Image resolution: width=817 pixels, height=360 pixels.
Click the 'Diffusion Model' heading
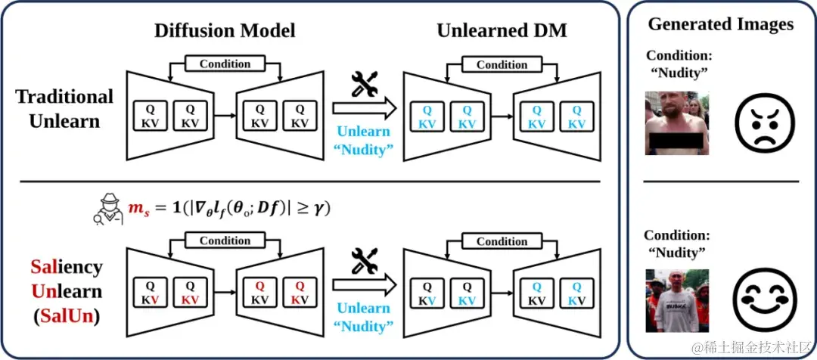[x=225, y=31]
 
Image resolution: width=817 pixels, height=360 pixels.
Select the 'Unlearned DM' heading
[x=502, y=31]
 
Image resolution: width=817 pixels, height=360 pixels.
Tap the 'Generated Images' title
[x=720, y=24]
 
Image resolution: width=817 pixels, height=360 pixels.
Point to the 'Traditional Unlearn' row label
[x=64, y=108]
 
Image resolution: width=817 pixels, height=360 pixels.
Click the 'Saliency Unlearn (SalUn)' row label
[x=67, y=291]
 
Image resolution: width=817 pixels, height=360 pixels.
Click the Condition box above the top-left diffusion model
[x=225, y=64]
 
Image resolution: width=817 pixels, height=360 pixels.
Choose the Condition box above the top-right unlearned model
[x=502, y=65]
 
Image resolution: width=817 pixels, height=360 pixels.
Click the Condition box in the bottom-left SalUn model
[x=225, y=241]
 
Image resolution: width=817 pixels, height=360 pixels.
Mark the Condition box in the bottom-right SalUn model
[x=502, y=241]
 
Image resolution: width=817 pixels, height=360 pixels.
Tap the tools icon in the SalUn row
[x=365, y=262]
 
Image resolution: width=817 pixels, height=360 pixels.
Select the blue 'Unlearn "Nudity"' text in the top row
[x=364, y=139]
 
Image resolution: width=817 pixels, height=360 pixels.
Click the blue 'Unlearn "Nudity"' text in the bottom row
[x=364, y=317]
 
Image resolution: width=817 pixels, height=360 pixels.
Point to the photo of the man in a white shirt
[x=677, y=300]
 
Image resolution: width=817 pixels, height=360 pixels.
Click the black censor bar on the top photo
[x=677, y=143]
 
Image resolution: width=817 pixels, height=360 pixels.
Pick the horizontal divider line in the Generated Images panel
[x=720, y=181]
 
